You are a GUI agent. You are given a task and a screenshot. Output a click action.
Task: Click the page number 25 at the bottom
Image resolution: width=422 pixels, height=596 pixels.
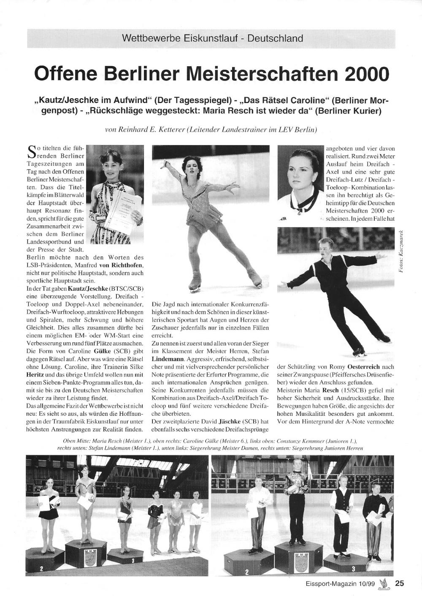pos(399,583)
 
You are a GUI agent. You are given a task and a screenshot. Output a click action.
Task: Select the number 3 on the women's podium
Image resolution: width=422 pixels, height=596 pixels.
pos(133,561)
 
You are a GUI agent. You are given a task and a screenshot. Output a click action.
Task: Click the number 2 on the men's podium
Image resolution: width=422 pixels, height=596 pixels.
pos(246,572)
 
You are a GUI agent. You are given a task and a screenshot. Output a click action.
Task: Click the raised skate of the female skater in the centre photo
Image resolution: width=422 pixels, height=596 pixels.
pos(254,277)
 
